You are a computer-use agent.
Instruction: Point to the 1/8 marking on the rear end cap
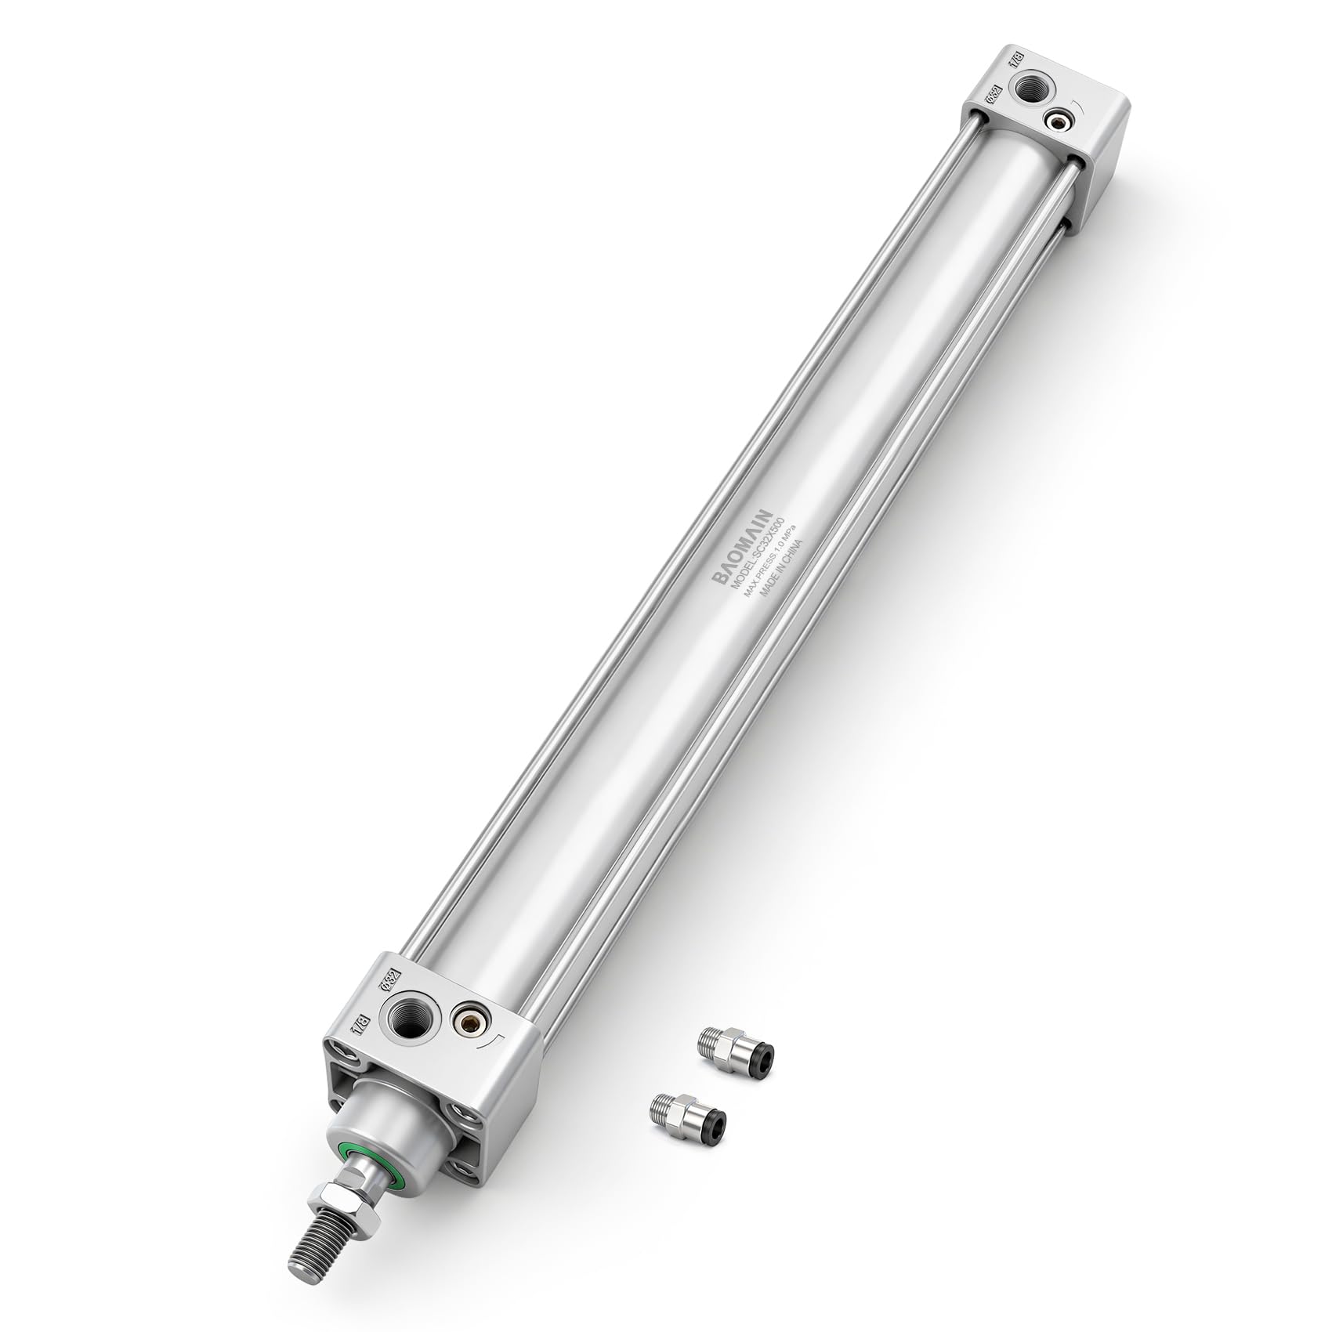coord(1020,63)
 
